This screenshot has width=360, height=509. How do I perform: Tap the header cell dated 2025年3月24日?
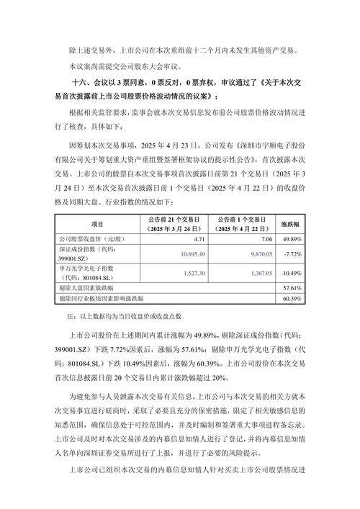tap(178, 224)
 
